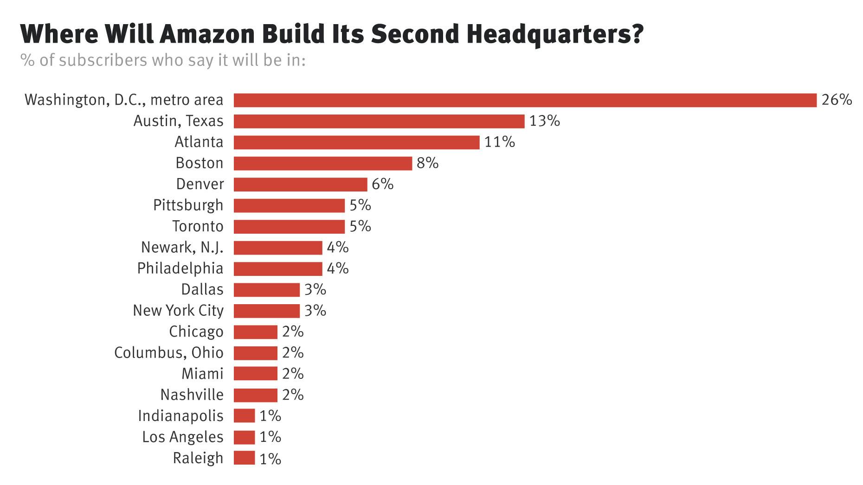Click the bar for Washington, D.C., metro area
coord(524,100)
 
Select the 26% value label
coord(837,100)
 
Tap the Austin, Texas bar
coord(379,121)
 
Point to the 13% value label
coord(544,121)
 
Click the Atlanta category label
coord(199,142)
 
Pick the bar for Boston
coord(322,163)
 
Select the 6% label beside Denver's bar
coord(382,184)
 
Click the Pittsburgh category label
coord(188,205)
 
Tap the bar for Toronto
coord(289,226)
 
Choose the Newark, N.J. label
coord(182,247)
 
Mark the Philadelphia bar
coord(277,268)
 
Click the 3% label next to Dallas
coord(315,289)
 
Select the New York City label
coord(178,310)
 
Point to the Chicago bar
coord(255,332)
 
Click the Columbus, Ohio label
coord(168,352)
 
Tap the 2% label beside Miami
coord(293,373)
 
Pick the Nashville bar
coord(255,395)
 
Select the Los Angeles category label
coord(182,437)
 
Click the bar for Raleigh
coord(244,458)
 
